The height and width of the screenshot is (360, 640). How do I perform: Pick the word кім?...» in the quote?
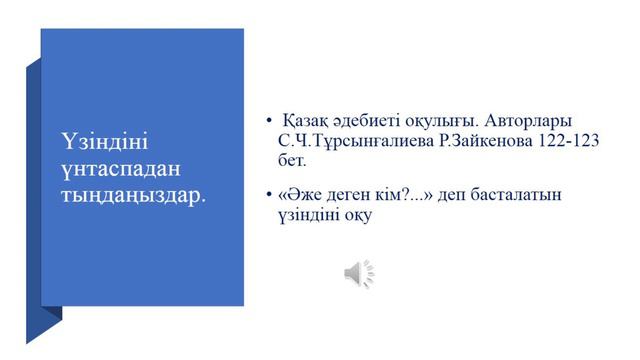click(x=411, y=194)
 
